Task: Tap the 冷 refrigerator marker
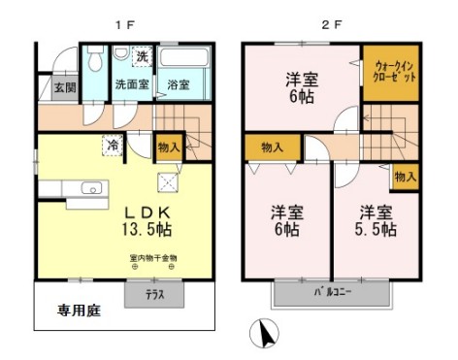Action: coord(114,147)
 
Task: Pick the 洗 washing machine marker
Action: coord(142,56)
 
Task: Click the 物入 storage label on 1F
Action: coord(168,147)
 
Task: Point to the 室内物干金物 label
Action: coord(153,258)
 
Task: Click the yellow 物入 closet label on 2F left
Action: coord(272,147)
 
